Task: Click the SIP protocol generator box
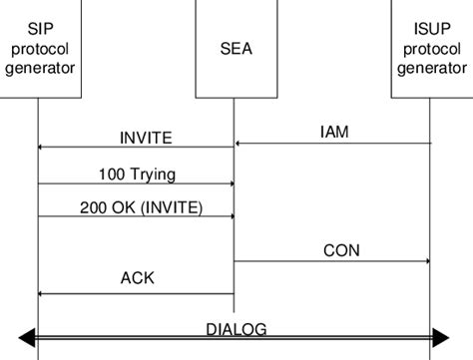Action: [x=38, y=50]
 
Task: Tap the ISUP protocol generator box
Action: [x=430, y=50]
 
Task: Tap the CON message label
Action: [x=341, y=248]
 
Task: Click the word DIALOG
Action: [x=236, y=328]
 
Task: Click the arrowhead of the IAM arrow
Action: [x=239, y=145]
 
